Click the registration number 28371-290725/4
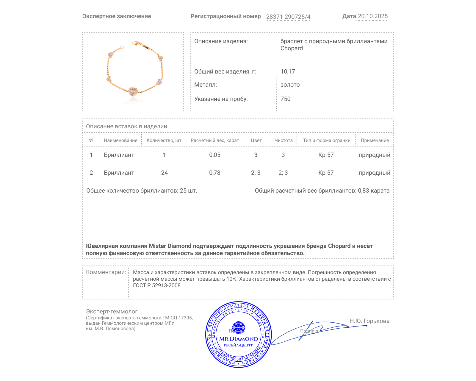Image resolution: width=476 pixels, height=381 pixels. (288, 17)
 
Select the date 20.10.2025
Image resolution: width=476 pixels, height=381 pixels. (372, 16)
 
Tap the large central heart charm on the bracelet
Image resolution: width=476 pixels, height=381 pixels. (133, 91)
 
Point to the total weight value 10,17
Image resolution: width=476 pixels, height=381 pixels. (288, 71)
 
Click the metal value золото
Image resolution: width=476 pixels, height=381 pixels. (290, 85)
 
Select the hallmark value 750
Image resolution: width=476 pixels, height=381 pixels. (285, 99)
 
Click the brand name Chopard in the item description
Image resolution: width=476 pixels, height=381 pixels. (292, 49)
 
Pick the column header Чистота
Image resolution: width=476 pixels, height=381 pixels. (284, 140)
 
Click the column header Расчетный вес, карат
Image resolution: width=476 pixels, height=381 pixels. (215, 140)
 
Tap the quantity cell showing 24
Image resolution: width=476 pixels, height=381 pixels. (165, 173)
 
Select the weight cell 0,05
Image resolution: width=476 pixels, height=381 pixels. (215, 155)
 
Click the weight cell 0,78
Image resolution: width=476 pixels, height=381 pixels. (215, 173)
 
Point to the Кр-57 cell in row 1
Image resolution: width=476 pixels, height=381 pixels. (326, 155)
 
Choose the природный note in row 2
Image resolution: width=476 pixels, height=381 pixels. (374, 173)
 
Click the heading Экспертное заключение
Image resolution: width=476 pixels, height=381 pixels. (117, 16)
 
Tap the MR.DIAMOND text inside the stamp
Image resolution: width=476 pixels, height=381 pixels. (239, 339)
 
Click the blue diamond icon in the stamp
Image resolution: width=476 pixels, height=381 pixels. (238, 327)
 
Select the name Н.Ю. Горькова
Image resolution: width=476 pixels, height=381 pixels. (369, 321)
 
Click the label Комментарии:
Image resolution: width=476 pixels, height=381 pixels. (106, 272)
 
